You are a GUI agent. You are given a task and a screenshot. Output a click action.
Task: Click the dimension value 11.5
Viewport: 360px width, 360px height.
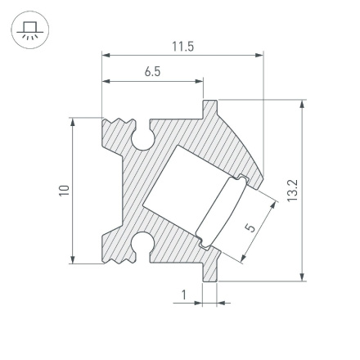183,46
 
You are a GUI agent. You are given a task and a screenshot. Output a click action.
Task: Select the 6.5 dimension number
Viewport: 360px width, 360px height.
152,72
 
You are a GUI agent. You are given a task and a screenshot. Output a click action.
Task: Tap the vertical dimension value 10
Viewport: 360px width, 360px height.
64,191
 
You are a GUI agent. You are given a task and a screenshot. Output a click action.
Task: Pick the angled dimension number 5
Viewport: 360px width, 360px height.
251,226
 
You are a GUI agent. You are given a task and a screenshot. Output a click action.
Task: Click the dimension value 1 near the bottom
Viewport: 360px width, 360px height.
184,295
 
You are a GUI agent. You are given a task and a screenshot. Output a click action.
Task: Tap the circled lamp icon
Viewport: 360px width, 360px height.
30,31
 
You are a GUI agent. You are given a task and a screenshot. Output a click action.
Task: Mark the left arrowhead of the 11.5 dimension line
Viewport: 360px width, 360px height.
106,56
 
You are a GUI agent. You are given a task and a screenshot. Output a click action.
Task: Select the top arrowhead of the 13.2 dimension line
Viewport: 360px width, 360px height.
304,105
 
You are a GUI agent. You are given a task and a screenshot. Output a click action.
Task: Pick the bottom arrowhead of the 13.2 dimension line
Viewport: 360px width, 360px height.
304,277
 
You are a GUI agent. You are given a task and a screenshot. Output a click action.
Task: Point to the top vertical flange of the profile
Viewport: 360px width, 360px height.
210,109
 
